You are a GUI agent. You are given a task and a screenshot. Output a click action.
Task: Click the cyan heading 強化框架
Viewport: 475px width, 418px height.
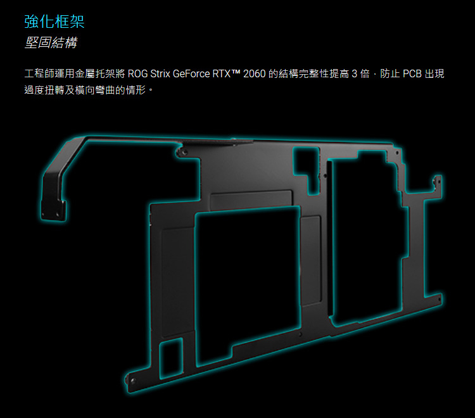(54, 22)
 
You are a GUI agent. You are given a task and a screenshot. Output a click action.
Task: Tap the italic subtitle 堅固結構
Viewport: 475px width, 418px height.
(51, 42)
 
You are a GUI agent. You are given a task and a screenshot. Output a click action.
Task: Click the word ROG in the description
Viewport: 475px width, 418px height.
(138, 73)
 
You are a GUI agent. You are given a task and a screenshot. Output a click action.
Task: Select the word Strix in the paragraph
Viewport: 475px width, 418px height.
(160, 73)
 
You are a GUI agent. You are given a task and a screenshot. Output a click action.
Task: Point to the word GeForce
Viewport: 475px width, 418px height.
(191, 73)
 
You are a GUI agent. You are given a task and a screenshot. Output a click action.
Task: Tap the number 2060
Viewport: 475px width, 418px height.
(255, 73)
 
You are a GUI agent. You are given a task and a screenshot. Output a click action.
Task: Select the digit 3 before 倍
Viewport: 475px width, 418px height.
(354, 73)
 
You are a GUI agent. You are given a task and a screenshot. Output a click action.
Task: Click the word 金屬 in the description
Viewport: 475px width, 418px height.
(85, 73)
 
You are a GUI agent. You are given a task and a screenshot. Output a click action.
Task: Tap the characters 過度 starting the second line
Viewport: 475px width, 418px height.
(34, 90)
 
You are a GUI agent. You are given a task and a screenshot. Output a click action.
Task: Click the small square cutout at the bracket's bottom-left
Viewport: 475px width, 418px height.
(171, 358)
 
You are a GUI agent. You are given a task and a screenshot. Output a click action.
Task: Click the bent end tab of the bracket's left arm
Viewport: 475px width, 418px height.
(54, 209)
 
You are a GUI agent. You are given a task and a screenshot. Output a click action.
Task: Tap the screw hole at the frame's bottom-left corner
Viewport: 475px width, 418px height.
(132, 381)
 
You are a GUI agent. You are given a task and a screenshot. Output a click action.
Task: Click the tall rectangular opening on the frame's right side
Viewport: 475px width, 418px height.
(367, 239)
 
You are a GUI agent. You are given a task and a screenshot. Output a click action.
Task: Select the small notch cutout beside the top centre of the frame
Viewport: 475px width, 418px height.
(307, 170)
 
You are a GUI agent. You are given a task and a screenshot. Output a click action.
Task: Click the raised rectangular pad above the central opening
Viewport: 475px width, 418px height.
(251, 199)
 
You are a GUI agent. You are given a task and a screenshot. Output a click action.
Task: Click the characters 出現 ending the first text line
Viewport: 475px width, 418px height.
(434, 73)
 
